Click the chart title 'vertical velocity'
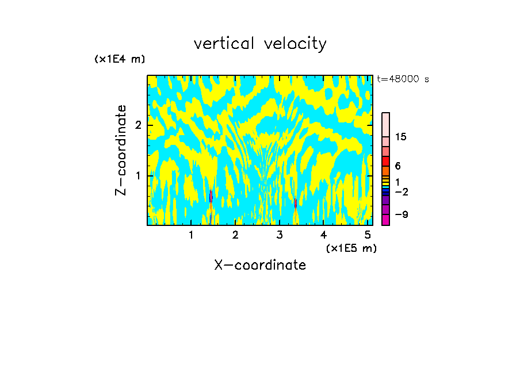tap(260, 44)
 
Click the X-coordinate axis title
tap(260, 265)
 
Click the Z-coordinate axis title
tap(121, 149)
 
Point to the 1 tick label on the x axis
tap(191, 235)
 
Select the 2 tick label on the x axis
tap(235, 235)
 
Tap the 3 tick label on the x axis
tap(280, 235)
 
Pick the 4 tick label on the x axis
tap(323, 235)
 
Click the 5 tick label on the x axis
tap(368, 235)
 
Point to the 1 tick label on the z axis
tap(137, 175)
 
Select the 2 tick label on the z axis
tap(137, 125)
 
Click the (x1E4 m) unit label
tap(120, 59)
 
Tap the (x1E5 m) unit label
tap(351, 248)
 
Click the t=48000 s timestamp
tap(403, 79)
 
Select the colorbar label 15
tap(401, 137)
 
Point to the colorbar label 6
tap(397, 166)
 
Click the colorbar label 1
tap(397, 182)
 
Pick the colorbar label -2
tap(400, 192)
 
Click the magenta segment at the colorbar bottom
tap(385, 220)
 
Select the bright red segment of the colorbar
tap(385, 161)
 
